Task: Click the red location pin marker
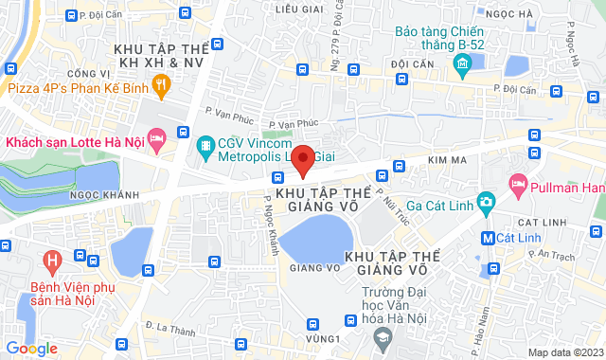point(303,161)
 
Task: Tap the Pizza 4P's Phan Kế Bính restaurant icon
point(162,88)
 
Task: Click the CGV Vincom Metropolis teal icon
point(204,146)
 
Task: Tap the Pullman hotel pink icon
point(518,184)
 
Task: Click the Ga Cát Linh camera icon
point(487,201)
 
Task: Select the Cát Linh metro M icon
point(487,237)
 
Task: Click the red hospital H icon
point(53,259)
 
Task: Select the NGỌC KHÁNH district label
point(70,197)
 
